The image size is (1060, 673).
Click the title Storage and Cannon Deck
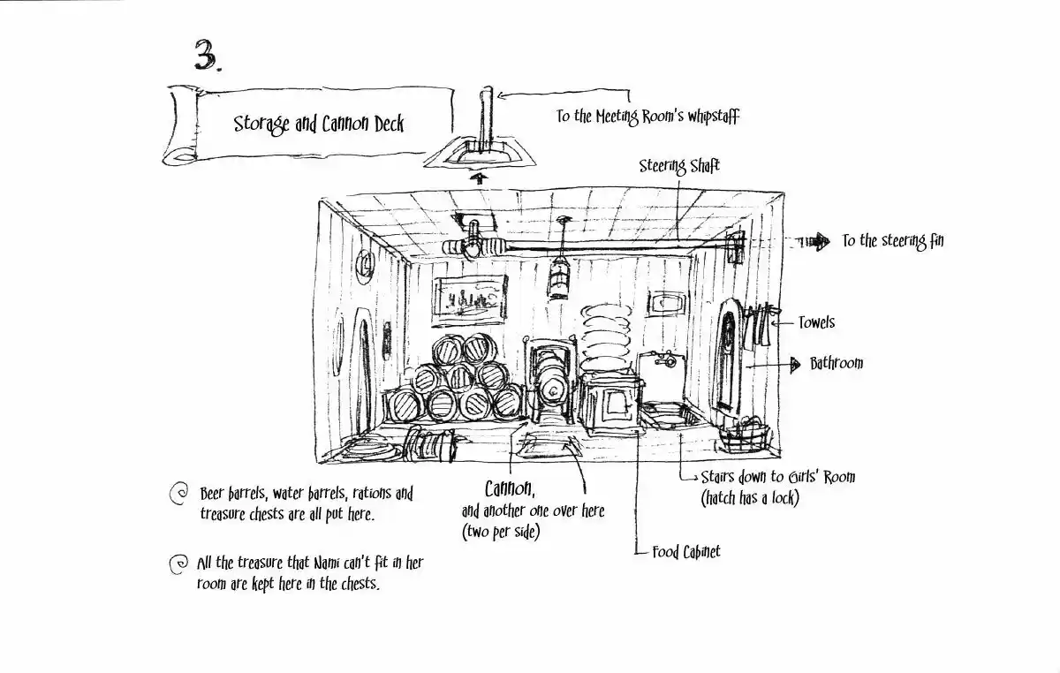[x=319, y=124]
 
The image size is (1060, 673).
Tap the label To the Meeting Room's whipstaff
[x=647, y=117]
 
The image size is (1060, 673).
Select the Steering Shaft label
[x=679, y=166]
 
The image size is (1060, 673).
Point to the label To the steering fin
[x=892, y=241]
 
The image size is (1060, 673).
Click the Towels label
[x=816, y=322]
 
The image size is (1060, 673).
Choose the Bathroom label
[x=837, y=364]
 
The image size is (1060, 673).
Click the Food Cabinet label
[x=686, y=552]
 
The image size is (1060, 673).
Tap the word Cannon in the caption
[x=510, y=489]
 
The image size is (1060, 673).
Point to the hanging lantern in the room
[x=559, y=279]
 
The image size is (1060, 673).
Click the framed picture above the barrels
[x=470, y=300]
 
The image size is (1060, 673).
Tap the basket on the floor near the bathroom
[x=745, y=435]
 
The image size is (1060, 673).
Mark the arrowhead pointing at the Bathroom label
[x=795, y=365]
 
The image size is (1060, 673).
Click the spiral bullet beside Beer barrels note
[x=178, y=494]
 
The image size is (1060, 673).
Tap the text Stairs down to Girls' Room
[x=778, y=477]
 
